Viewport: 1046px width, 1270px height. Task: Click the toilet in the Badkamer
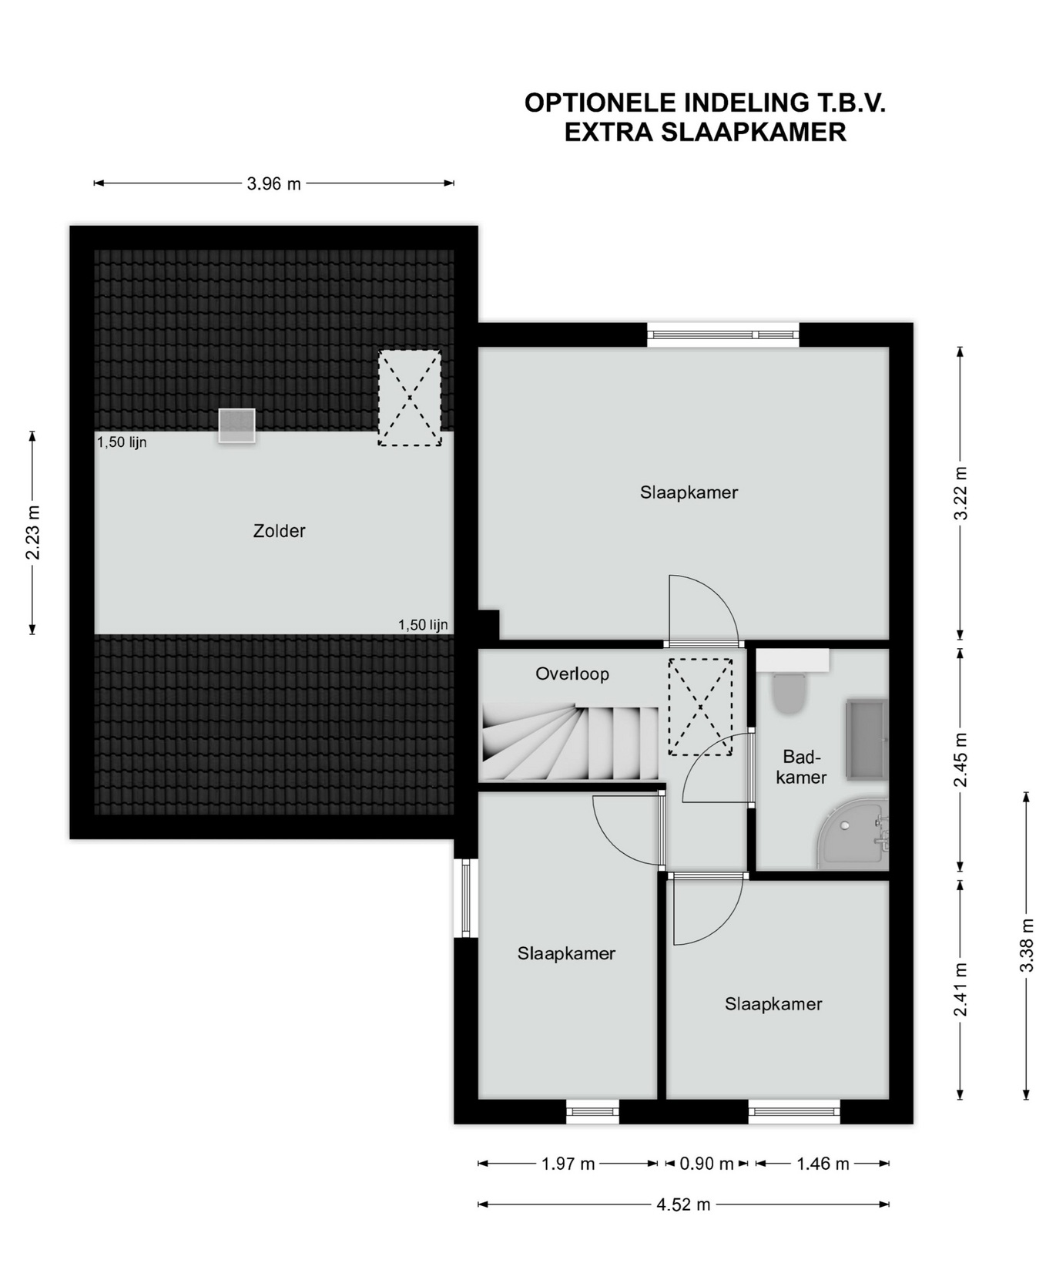click(788, 693)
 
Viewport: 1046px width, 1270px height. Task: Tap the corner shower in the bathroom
click(853, 837)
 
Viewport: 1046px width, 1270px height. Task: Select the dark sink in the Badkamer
click(867, 738)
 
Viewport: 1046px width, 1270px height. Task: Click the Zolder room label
click(279, 531)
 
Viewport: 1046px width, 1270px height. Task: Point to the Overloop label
click(572, 674)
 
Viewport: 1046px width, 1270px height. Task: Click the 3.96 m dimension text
click(274, 184)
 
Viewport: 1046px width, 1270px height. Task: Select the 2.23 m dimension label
click(32, 533)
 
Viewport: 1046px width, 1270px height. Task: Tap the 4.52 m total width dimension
click(683, 1204)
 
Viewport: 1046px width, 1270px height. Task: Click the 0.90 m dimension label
click(706, 1164)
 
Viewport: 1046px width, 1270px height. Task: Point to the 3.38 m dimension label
click(1026, 945)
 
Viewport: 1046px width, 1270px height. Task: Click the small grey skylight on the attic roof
click(236, 425)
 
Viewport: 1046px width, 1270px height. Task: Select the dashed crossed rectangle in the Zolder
click(410, 398)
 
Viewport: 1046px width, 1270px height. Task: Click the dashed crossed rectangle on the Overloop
click(700, 707)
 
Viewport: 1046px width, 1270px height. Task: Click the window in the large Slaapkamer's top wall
click(723, 334)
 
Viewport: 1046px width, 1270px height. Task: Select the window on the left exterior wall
click(466, 898)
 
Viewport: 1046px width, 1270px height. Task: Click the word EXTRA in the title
click(608, 133)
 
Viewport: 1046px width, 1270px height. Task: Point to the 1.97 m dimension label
click(568, 1164)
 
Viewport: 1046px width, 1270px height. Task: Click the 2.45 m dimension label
click(961, 760)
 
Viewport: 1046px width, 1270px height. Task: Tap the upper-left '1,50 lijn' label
click(122, 442)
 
